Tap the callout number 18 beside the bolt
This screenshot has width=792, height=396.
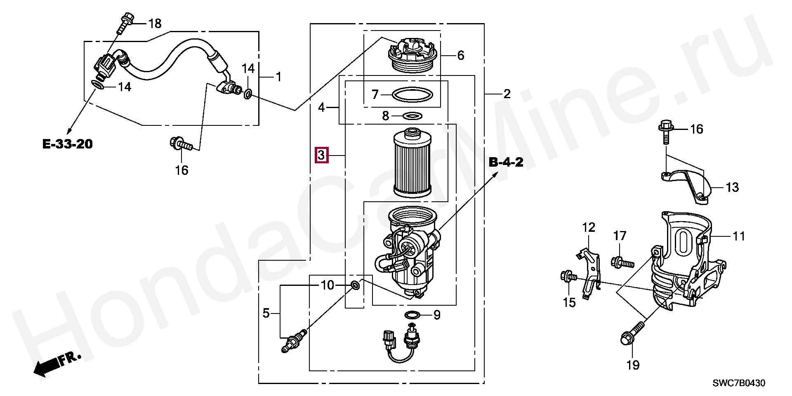point(155,24)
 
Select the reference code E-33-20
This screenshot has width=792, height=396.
point(68,144)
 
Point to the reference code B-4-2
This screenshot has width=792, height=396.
point(506,162)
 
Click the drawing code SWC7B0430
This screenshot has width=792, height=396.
point(739,383)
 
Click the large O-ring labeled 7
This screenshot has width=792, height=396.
point(412,95)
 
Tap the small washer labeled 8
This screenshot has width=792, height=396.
point(412,115)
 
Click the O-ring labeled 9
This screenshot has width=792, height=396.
point(413,316)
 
